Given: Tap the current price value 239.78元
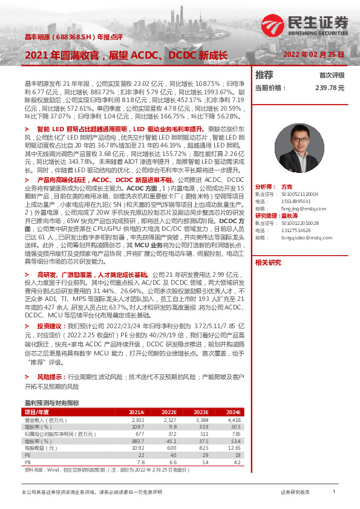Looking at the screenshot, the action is [x=329, y=88].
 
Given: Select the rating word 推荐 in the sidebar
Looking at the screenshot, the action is [x=264, y=75].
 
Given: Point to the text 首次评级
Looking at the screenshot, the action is [x=332, y=76].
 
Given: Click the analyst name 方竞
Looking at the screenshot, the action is [x=287, y=188].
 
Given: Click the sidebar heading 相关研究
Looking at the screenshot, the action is [x=268, y=262].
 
